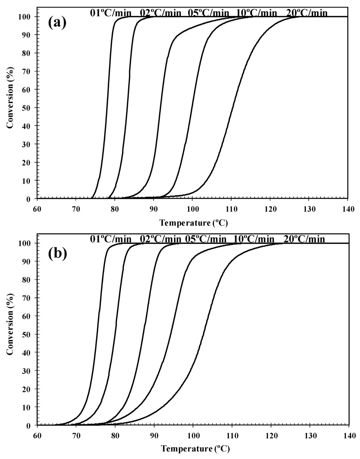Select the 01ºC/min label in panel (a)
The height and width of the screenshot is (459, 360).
tap(110, 13)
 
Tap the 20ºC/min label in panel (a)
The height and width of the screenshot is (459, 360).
tap(307, 13)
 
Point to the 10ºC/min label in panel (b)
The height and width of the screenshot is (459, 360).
tap(256, 239)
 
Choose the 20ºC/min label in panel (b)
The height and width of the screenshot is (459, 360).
tap(304, 239)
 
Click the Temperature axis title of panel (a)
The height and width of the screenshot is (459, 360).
tap(191, 223)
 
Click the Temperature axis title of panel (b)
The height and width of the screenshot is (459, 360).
tap(192, 449)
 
